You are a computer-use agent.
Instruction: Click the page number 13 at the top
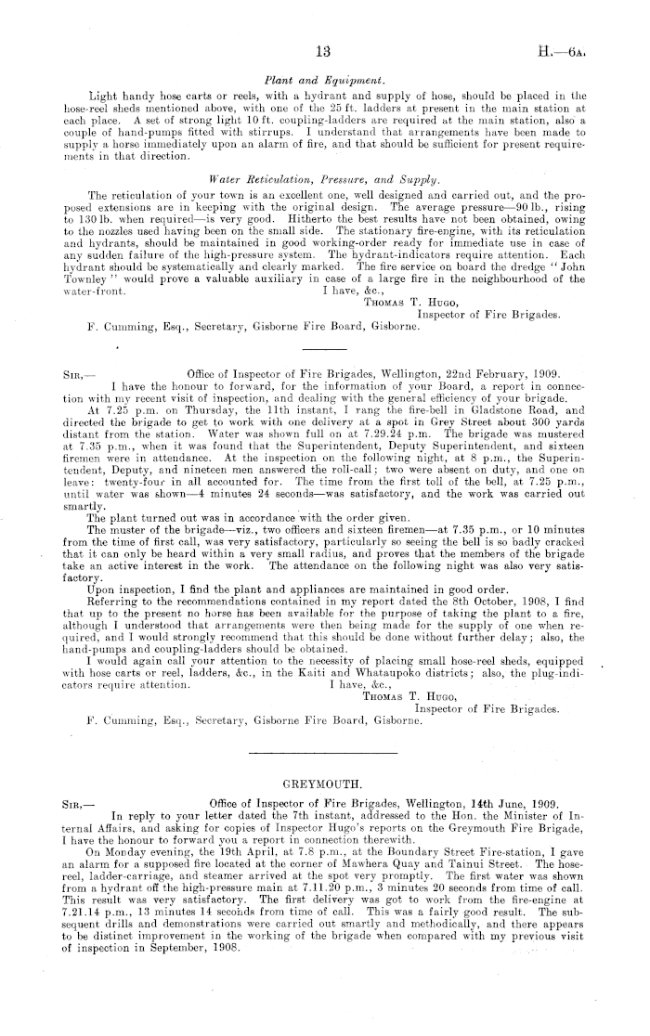[x=324, y=51]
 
